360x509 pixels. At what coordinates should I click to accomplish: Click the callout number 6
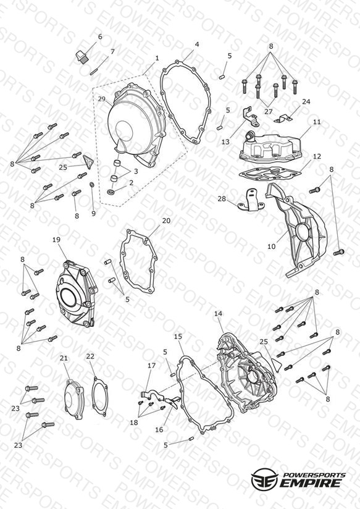click(x=99, y=36)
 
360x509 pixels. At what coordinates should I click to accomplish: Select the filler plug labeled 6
click(x=82, y=56)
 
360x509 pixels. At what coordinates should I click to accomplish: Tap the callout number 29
click(x=102, y=98)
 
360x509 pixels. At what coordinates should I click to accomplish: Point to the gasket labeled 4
click(x=186, y=103)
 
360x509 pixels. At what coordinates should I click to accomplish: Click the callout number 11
click(x=317, y=122)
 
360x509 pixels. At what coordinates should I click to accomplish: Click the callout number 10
click(x=271, y=246)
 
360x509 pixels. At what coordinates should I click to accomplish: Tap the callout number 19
click(x=56, y=240)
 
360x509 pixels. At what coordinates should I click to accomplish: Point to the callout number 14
click(x=219, y=314)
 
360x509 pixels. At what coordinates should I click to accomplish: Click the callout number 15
click(x=178, y=336)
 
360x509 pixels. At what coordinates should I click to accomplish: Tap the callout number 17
click(x=152, y=366)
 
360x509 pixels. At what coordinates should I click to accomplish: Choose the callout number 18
click(x=134, y=423)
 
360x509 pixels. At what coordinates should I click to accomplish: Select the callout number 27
click(x=268, y=111)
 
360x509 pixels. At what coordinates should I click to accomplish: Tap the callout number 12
click(x=317, y=156)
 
